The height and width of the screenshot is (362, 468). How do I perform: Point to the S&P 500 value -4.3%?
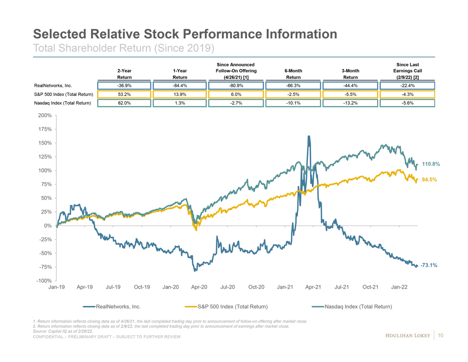click(x=407, y=95)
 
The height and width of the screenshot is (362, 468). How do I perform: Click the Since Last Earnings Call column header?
click(x=407, y=70)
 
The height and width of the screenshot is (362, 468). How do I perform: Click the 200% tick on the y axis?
click(x=45, y=116)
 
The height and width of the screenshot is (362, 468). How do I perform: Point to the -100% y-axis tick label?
click(x=44, y=281)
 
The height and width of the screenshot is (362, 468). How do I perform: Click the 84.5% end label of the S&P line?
click(x=429, y=180)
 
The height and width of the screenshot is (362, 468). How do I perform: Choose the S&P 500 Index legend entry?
click(x=232, y=307)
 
